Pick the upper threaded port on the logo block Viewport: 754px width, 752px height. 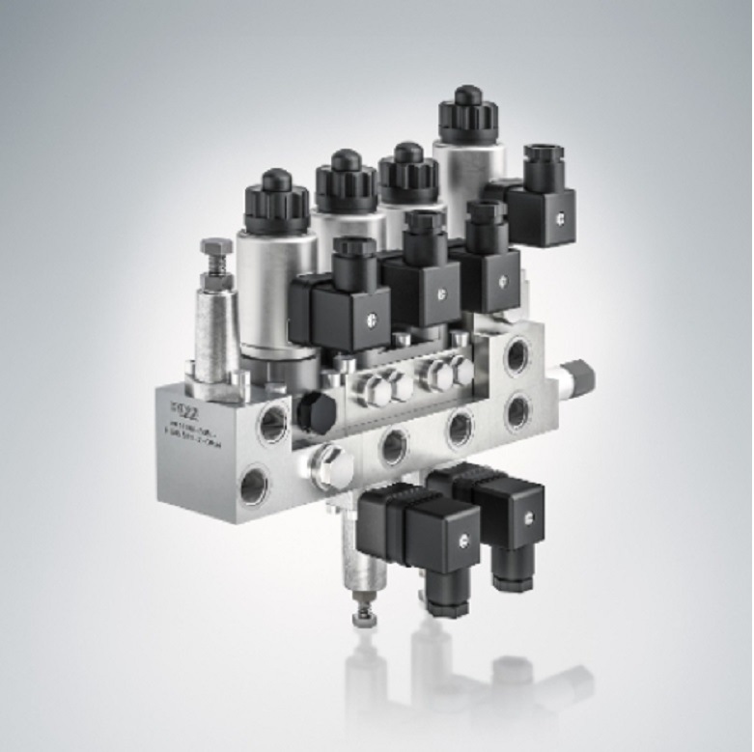point(275,418)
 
